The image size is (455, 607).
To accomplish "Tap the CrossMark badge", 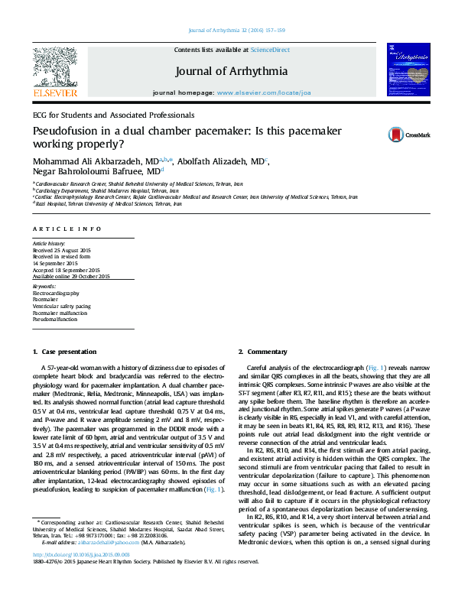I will (398, 135).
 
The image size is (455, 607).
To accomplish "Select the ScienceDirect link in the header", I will (270, 49).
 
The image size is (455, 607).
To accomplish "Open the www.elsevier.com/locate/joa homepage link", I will (264, 92).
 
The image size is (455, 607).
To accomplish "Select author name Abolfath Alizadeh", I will (218, 162).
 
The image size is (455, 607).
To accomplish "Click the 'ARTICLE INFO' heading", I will (67, 229).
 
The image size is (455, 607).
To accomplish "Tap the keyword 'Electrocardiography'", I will (56, 293).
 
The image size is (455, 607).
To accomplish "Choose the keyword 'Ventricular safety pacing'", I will (61, 305).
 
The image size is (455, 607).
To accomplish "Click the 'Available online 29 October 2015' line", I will (71, 276).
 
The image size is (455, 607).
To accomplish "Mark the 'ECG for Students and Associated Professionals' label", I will (112, 115).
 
